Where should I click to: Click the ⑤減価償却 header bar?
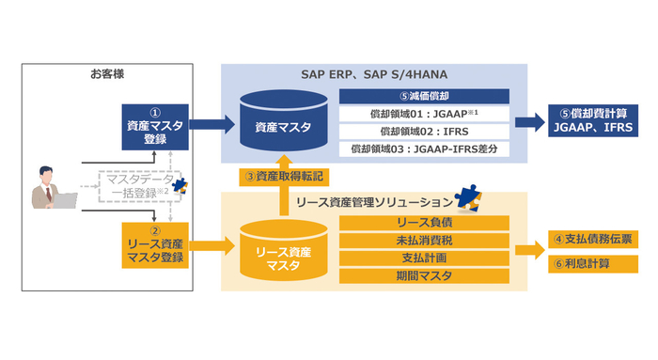click(x=425, y=95)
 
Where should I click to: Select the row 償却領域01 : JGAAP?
click(x=425, y=114)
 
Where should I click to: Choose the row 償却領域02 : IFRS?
click(x=425, y=131)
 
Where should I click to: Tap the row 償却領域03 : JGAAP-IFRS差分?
click(x=425, y=149)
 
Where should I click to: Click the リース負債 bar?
click(x=425, y=222)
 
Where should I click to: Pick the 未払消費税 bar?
click(x=425, y=240)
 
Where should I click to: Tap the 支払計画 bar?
click(x=425, y=258)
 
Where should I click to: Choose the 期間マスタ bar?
click(x=425, y=275)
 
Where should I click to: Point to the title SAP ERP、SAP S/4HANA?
click(x=375, y=74)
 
